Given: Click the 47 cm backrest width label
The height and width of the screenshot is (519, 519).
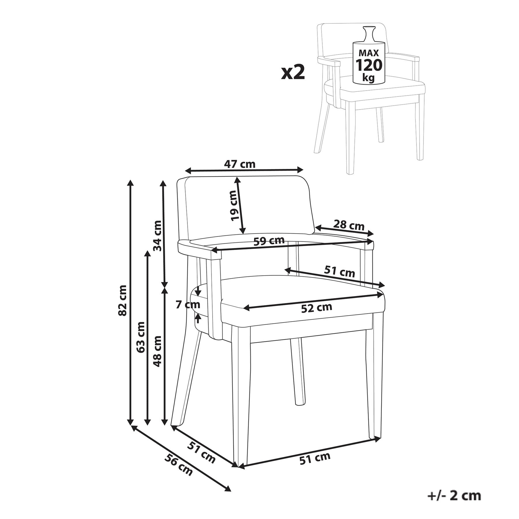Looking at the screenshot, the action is click(x=240, y=164).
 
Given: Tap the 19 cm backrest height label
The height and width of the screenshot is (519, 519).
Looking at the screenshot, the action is click(x=235, y=205).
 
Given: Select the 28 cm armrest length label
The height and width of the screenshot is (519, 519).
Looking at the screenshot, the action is click(x=349, y=225).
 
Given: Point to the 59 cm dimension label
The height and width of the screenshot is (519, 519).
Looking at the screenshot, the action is click(x=269, y=240).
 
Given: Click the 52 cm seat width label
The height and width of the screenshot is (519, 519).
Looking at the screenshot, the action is click(x=317, y=308).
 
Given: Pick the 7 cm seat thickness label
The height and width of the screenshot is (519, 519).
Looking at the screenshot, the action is click(x=188, y=304).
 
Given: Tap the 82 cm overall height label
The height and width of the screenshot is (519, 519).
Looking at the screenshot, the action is click(x=123, y=300).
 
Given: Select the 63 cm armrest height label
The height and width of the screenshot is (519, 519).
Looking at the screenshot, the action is click(x=140, y=337).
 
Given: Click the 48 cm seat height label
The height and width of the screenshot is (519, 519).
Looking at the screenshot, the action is click(x=157, y=351).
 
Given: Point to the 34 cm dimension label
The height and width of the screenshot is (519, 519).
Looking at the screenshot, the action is click(x=157, y=236).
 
